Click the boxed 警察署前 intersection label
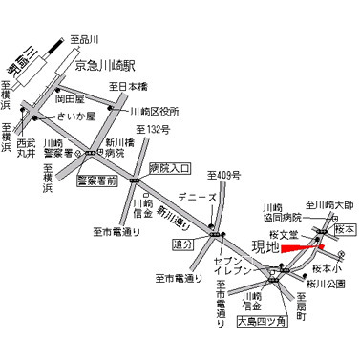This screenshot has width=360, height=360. [x=97, y=179]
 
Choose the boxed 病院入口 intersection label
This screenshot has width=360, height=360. [x=171, y=168]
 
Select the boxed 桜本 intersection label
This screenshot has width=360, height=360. [x=346, y=230]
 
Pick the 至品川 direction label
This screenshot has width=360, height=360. [x=85, y=40]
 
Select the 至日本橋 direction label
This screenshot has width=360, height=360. [x=129, y=88]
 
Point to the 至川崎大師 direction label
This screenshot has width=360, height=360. [x=329, y=205]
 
